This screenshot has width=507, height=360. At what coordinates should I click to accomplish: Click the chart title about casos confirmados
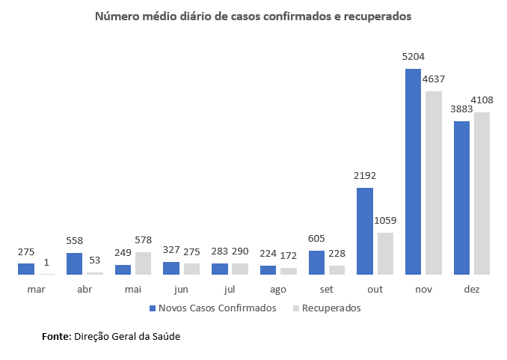(x=254, y=16)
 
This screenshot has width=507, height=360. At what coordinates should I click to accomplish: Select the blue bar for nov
(x=413, y=171)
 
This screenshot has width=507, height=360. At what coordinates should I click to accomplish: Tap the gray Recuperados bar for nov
(x=434, y=183)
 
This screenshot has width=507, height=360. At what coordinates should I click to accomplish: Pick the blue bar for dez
(x=461, y=198)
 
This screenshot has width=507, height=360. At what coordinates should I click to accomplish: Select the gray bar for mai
(x=144, y=263)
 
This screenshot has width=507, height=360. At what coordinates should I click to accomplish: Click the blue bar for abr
(x=75, y=263)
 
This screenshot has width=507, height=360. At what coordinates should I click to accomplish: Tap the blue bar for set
(x=316, y=263)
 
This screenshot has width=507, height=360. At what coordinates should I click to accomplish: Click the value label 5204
(x=413, y=56)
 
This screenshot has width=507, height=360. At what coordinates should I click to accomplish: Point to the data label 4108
(x=482, y=100)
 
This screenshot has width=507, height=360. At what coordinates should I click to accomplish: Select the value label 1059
(x=385, y=220)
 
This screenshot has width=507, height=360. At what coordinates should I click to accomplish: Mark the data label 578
(x=144, y=240)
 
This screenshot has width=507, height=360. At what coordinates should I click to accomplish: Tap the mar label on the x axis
(x=36, y=289)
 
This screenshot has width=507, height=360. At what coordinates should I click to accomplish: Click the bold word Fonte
(x=56, y=337)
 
